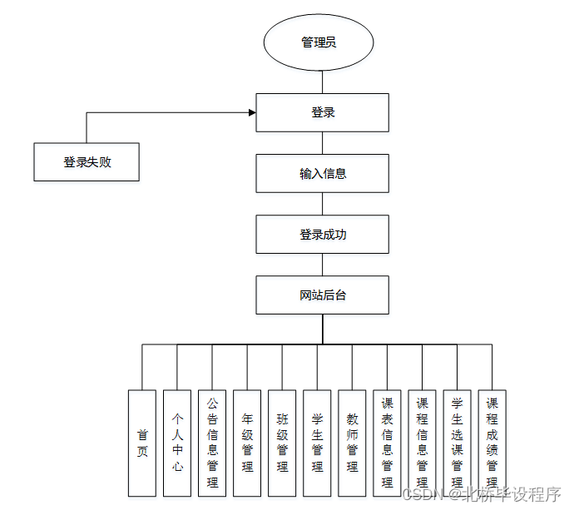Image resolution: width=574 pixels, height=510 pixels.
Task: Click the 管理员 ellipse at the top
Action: click(x=319, y=42)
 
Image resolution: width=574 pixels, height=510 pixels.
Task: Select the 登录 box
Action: click(x=322, y=112)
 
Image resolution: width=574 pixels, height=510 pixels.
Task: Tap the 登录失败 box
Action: click(x=87, y=162)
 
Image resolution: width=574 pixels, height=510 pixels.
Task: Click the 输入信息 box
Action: click(x=322, y=174)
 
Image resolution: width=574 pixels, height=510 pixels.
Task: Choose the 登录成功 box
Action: click(x=322, y=235)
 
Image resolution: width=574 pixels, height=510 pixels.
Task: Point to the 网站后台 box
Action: click(x=322, y=295)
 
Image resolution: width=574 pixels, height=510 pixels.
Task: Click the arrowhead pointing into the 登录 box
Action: click(x=251, y=112)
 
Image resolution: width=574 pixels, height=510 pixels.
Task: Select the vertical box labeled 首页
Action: click(x=142, y=443)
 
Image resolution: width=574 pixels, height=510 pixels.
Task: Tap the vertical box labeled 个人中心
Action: click(x=177, y=443)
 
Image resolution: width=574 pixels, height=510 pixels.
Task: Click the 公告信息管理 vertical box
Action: click(x=212, y=443)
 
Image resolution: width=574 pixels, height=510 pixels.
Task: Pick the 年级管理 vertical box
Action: click(x=247, y=443)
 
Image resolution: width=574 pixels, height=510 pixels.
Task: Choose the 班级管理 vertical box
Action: click(x=282, y=443)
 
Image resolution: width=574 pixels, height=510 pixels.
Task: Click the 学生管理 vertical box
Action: click(x=317, y=443)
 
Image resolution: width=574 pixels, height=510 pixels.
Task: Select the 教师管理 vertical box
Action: click(x=352, y=443)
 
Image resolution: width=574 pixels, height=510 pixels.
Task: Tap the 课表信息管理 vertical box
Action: click(x=387, y=443)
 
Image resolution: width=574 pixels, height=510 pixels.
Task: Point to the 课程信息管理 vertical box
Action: click(x=422, y=443)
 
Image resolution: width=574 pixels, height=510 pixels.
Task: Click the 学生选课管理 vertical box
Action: click(x=457, y=443)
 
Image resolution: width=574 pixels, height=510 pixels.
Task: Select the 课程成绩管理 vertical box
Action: click(x=492, y=443)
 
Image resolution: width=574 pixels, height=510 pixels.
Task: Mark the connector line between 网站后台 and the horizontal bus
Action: click(x=322, y=329)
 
